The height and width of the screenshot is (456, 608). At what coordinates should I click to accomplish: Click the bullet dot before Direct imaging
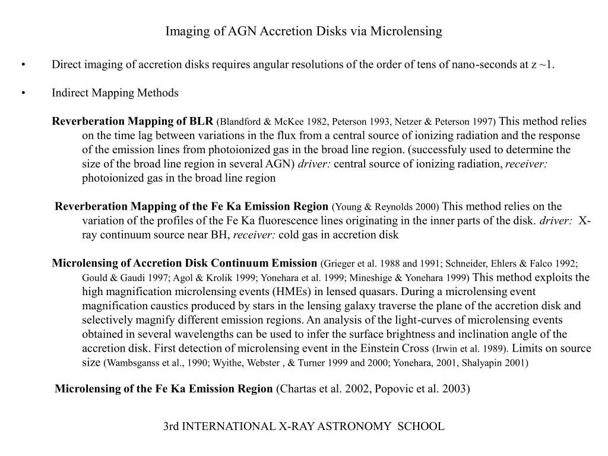23,65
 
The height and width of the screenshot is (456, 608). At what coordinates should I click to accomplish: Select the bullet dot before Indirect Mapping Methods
23,93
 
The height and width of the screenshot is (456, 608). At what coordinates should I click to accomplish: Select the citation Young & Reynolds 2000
386,207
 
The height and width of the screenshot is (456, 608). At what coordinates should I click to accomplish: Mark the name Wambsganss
131,363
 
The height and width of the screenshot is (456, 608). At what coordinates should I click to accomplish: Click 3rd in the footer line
171,426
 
